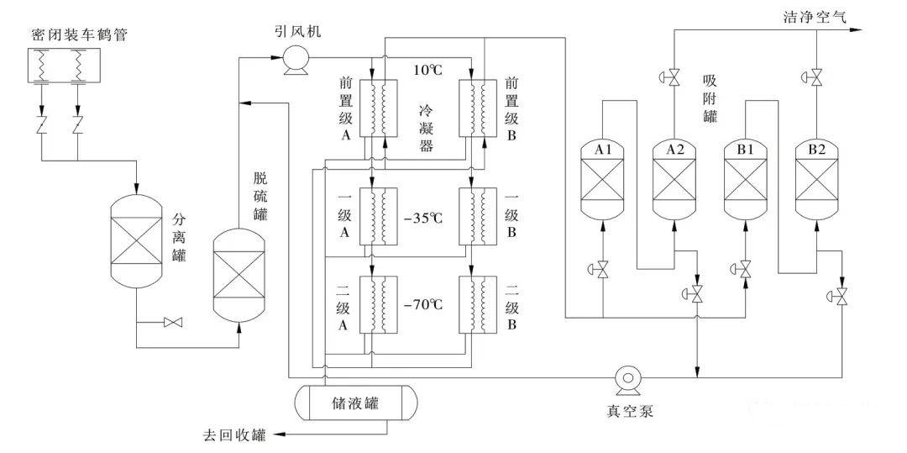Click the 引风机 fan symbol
(294, 58)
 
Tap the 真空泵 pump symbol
(628, 378)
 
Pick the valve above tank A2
(674, 79)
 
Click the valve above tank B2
(815, 78)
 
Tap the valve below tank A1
(602, 270)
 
